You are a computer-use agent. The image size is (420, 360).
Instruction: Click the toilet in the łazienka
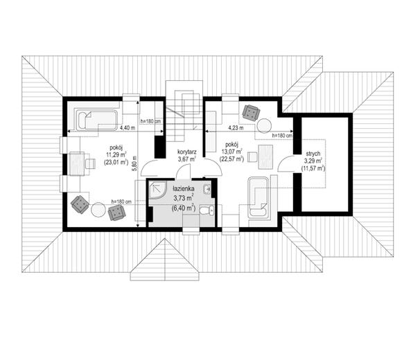click(x=207, y=210)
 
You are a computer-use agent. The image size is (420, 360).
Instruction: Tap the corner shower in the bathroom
click(x=157, y=190)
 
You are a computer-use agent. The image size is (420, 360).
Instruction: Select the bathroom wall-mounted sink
click(x=208, y=190)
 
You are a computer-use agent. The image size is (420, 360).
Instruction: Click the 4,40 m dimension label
click(x=128, y=127)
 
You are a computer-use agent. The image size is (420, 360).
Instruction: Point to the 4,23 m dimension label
click(x=236, y=128)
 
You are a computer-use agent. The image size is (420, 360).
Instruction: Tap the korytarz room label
click(x=187, y=152)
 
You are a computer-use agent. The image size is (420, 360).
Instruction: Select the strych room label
click(x=313, y=154)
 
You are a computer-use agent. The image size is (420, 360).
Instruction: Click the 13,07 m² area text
click(x=232, y=152)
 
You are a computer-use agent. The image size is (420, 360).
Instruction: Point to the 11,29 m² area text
click(x=116, y=154)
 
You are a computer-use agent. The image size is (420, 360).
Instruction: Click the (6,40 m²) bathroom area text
click(x=184, y=208)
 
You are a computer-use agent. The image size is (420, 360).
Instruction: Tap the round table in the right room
click(x=264, y=125)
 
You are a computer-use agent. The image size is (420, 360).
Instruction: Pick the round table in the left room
click(x=98, y=210)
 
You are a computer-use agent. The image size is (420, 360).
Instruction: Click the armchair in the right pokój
click(x=251, y=113)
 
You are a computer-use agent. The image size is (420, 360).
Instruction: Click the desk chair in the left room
click(x=90, y=163)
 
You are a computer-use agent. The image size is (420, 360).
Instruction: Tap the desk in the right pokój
click(x=265, y=157)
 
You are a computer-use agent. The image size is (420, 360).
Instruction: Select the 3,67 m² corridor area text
click(x=186, y=159)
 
